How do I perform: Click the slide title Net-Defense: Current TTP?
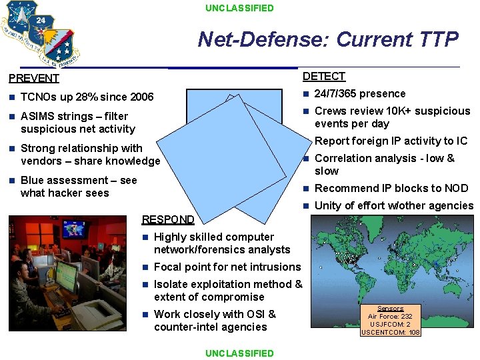click(328, 39)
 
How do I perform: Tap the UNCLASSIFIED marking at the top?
click(239, 8)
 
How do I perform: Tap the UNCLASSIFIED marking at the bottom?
click(239, 353)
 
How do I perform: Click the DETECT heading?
click(324, 77)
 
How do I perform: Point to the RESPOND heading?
click(169, 219)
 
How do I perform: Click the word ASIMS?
click(37, 116)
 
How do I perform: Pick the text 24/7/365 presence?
click(360, 94)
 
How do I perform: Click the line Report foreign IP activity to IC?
click(391, 141)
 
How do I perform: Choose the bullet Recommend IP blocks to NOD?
click(391, 188)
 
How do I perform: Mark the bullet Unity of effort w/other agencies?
click(393, 205)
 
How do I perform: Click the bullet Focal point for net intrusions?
click(227, 267)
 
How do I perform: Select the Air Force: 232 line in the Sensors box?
click(390, 317)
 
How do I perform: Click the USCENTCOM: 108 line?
click(390, 332)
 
